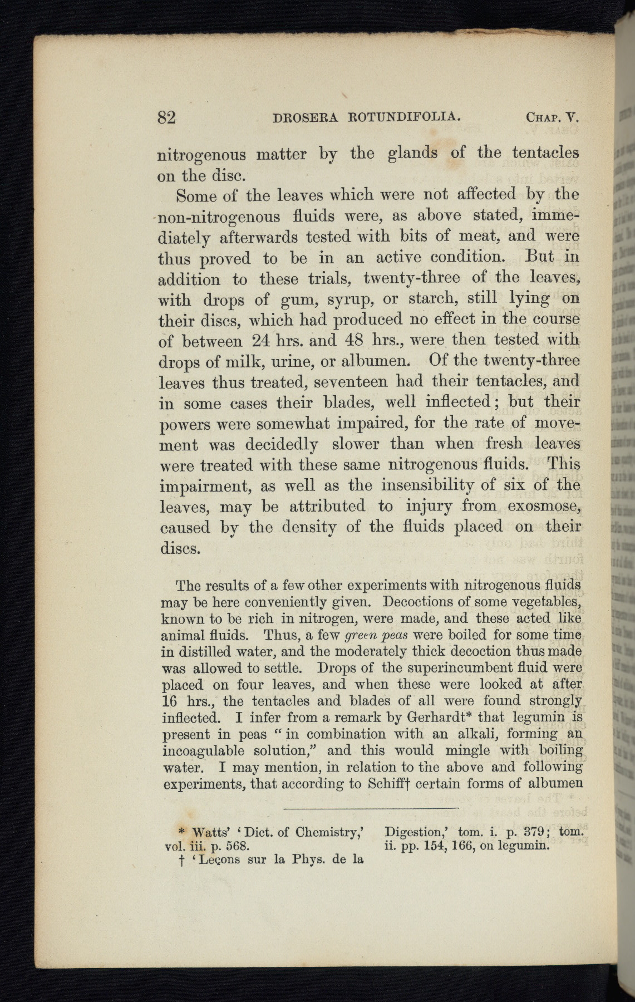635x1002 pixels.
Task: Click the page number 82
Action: (x=166, y=117)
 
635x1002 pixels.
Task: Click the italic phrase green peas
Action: (x=380, y=635)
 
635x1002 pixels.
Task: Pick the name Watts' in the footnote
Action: (x=208, y=833)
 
